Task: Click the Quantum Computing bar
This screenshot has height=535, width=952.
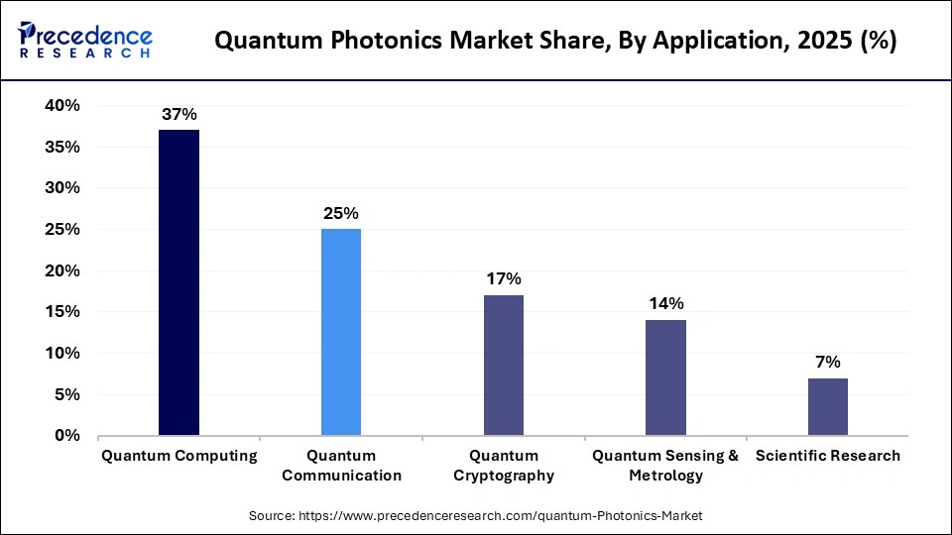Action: (178, 282)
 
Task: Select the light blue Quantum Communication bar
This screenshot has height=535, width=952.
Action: (341, 332)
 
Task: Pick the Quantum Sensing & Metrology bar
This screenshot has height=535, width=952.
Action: (665, 377)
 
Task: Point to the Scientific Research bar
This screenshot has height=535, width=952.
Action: (828, 406)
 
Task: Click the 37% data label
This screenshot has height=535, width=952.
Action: (178, 115)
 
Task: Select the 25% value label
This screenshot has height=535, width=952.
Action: (341, 213)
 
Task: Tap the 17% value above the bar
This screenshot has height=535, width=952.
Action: (504, 279)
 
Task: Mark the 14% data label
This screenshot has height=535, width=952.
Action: (665, 304)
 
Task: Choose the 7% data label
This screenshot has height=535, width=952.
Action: (828, 362)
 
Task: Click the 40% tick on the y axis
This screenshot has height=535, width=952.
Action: (61, 105)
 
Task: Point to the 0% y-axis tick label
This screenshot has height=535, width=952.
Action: (66, 435)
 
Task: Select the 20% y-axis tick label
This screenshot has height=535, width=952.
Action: (61, 270)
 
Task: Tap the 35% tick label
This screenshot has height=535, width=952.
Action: (61, 147)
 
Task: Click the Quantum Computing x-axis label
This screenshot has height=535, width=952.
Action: (178, 456)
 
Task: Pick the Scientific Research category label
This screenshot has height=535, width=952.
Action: (828, 456)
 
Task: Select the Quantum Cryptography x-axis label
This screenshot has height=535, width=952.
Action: (504, 465)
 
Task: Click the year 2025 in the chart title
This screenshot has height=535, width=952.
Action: (822, 42)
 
